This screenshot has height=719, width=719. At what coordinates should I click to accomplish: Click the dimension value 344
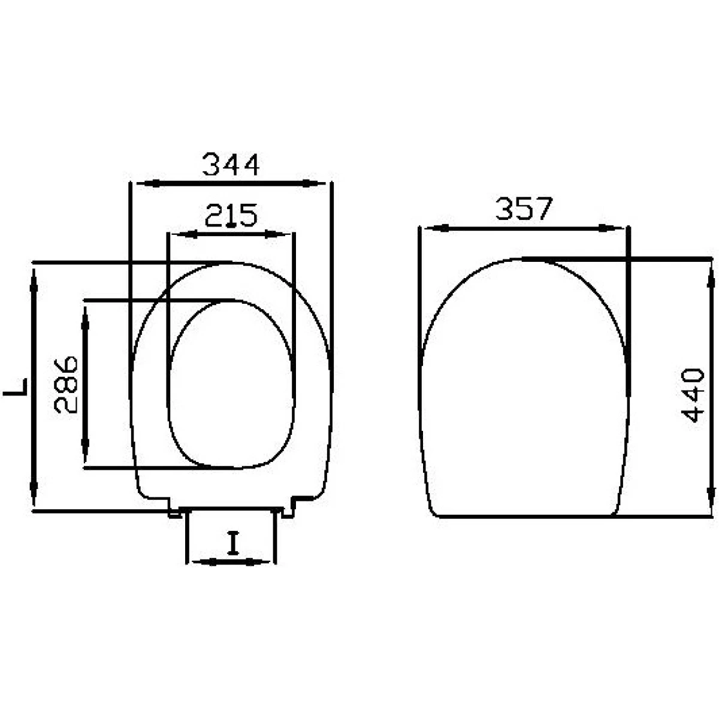(x=230, y=165)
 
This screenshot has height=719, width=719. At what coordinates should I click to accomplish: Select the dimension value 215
(x=231, y=215)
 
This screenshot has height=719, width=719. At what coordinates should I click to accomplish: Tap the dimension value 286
(x=66, y=385)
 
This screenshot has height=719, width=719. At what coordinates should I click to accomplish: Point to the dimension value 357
(x=523, y=209)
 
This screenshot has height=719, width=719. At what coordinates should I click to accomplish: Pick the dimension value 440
(x=693, y=395)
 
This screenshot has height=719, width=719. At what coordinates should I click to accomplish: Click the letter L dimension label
(x=16, y=386)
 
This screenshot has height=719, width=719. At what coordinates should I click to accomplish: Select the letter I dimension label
(x=233, y=543)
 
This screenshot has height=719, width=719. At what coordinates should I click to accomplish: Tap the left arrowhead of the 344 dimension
(x=148, y=183)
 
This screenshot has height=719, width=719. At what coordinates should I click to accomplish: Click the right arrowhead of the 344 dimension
(x=314, y=183)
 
